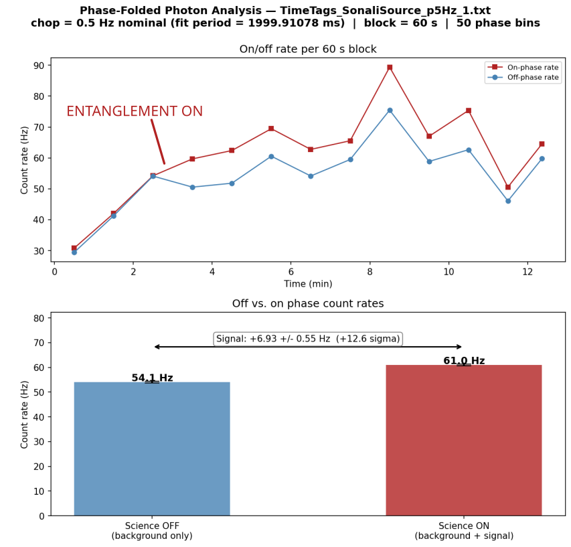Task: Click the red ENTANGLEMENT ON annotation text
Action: coord(135,111)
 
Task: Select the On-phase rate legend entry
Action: coord(523,68)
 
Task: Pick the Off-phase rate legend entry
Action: coord(523,77)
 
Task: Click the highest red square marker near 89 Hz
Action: coord(390,68)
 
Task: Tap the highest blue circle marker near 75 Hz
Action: coord(390,110)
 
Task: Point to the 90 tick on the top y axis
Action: coord(39,66)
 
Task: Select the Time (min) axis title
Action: coord(308,284)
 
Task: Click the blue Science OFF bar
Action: coord(152,449)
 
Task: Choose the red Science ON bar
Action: coord(464,441)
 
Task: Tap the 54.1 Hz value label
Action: coord(152,378)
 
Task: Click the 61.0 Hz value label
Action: coord(464,361)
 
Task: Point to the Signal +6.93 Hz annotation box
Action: coord(308,339)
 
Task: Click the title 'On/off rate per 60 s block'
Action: coord(308,49)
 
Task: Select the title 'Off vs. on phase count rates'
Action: coord(308,303)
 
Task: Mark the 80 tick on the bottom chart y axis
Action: coord(39,318)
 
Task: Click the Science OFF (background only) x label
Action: coord(152,531)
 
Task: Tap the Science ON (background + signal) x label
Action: coord(464,531)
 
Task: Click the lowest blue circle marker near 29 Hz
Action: coord(74,252)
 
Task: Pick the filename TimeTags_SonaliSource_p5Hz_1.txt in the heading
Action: coord(386,11)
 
